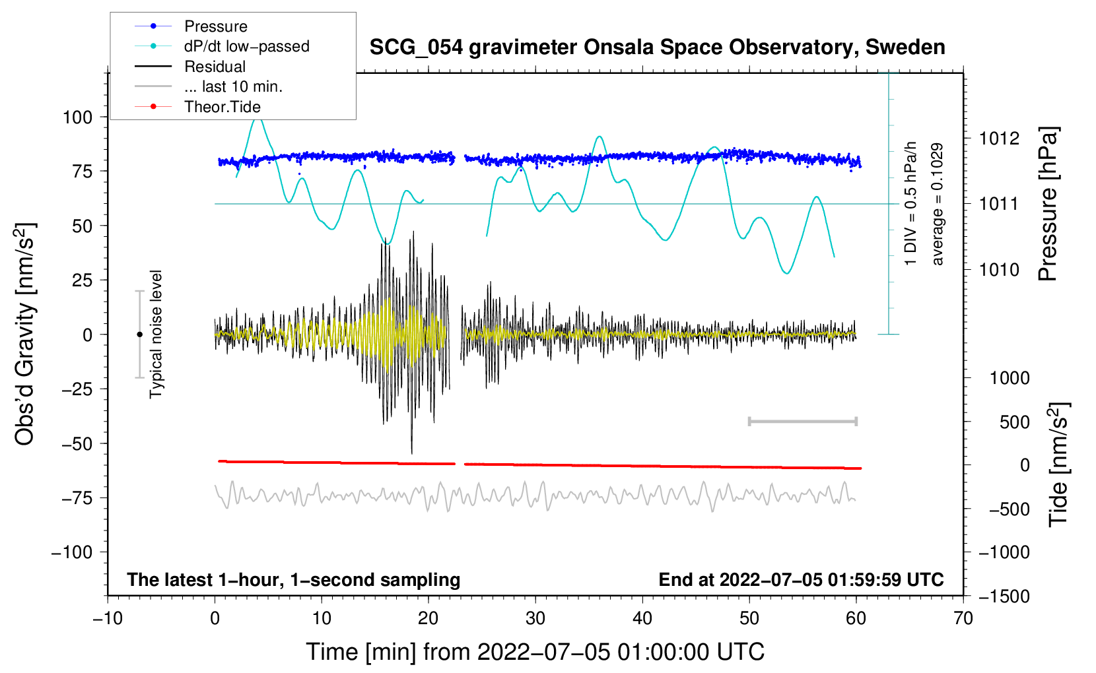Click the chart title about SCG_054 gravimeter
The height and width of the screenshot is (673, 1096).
pyautogui.click(x=657, y=48)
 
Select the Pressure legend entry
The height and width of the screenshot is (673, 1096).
pyautogui.click(x=215, y=26)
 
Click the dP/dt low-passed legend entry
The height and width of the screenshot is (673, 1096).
pyautogui.click(x=246, y=47)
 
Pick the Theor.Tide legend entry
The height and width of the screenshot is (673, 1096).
pyautogui.click(x=222, y=107)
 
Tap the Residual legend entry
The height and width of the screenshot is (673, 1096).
pyautogui.click(x=215, y=67)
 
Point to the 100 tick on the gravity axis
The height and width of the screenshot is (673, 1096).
pyautogui.click(x=77, y=117)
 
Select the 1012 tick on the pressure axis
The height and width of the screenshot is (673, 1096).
pyautogui.click(x=999, y=139)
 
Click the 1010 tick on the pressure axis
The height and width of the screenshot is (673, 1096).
pyautogui.click(x=999, y=270)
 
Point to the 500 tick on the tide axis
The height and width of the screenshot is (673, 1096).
pyautogui.click(x=1015, y=422)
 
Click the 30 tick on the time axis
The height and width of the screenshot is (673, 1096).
pyautogui.click(x=535, y=619)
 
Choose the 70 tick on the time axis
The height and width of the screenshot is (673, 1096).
pyautogui.click(x=963, y=619)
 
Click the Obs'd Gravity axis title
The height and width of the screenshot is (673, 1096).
pyautogui.click(x=24, y=335)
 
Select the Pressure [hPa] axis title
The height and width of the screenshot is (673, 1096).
pyautogui.click(x=1048, y=205)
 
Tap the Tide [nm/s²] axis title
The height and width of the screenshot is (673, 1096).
pyautogui.click(x=1059, y=465)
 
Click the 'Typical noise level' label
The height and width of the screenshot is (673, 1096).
pyautogui.click(x=156, y=334)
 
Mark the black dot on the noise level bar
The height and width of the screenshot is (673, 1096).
pyautogui.click(x=139, y=335)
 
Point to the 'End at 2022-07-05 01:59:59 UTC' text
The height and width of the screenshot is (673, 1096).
pyautogui.click(x=801, y=580)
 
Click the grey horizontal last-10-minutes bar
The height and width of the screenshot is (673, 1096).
pyautogui.click(x=803, y=422)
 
